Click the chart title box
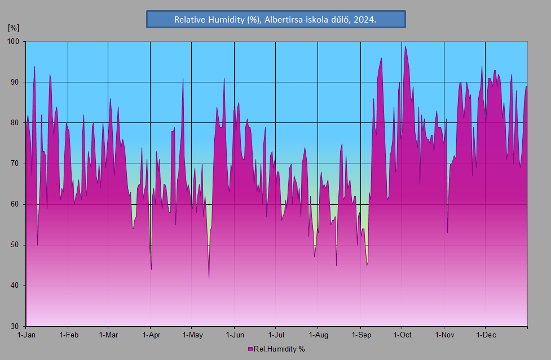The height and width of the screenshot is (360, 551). pyautogui.click(x=276, y=19)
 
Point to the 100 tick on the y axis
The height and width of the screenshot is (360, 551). pyautogui.click(x=14, y=42)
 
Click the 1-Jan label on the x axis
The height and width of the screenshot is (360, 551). pyautogui.click(x=27, y=335)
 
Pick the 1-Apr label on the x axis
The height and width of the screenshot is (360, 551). pyautogui.click(x=151, y=335)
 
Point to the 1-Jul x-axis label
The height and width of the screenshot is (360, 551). pyautogui.click(x=276, y=335)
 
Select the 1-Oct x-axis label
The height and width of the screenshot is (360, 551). pyautogui.click(x=402, y=335)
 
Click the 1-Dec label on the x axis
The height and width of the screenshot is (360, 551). pyautogui.click(x=486, y=335)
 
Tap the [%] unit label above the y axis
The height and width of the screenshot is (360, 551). pyautogui.click(x=14, y=27)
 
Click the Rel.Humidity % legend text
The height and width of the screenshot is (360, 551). pyautogui.click(x=279, y=349)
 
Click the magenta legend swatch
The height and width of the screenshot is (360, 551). pyautogui.click(x=250, y=349)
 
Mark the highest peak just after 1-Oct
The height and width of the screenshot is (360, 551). pyautogui.click(x=405, y=47)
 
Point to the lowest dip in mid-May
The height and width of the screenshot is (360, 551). pyautogui.click(x=209, y=276)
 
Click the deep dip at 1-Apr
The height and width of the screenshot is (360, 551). pyautogui.click(x=151, y=269)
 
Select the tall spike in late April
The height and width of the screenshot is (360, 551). pyautogui.click(x=183, y=79)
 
